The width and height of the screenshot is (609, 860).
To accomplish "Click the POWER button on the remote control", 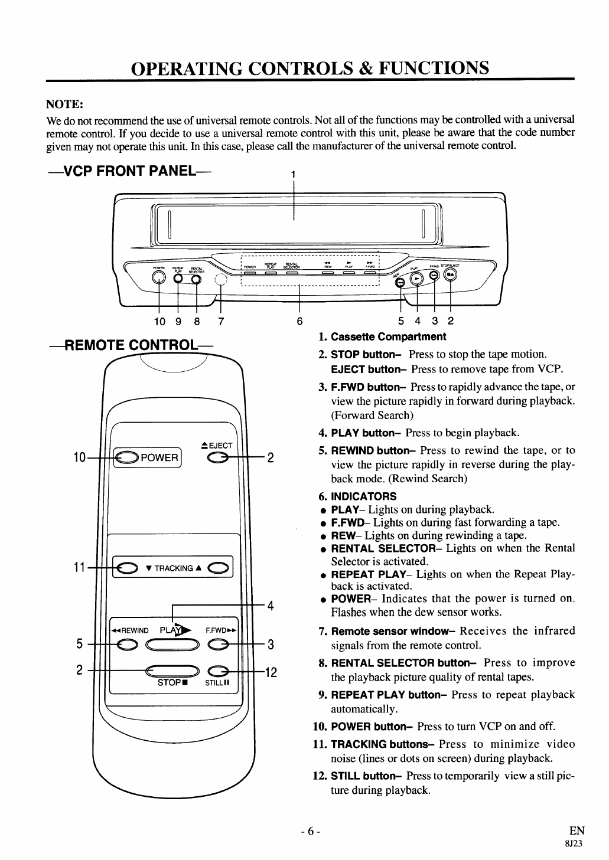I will (126, 457).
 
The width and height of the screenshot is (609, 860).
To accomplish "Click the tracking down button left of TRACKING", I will (125, 568).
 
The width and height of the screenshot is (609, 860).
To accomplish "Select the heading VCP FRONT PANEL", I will (123, 171).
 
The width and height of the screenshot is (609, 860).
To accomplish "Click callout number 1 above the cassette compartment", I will (294, 174).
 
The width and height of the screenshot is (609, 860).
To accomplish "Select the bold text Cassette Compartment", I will (388, 337).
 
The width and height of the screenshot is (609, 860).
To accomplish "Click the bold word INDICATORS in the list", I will (363, 496).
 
